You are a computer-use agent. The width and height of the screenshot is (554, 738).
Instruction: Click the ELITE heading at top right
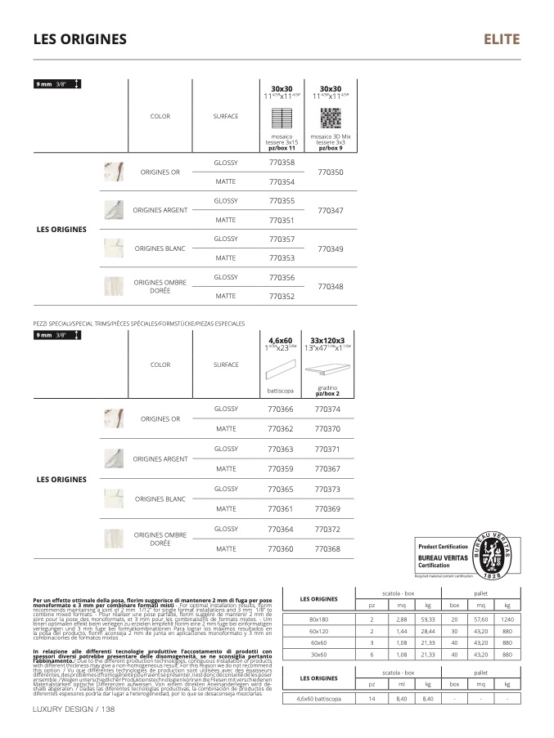501,39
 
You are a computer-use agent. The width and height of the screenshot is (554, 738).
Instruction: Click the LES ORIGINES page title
79,39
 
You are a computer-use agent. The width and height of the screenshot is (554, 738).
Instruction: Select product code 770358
282,163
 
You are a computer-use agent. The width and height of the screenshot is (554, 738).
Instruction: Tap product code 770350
330,172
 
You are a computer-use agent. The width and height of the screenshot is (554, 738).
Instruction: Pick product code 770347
330,211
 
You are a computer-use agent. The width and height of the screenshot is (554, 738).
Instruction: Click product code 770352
282,297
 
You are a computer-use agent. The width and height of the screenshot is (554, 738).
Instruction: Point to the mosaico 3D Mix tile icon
331,117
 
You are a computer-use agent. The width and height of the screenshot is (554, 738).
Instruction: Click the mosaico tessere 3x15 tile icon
282,117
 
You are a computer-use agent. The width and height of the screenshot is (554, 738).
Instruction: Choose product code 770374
327,409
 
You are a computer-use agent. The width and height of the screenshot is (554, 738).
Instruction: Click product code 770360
281,549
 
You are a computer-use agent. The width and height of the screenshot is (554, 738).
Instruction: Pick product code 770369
327,509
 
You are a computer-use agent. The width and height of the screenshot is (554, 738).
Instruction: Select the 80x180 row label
318,619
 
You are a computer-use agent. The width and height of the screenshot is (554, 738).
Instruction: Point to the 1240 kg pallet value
507,619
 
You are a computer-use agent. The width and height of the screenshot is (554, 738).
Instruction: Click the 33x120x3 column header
327,341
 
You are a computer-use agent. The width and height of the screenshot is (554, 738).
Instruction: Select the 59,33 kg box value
426,619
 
